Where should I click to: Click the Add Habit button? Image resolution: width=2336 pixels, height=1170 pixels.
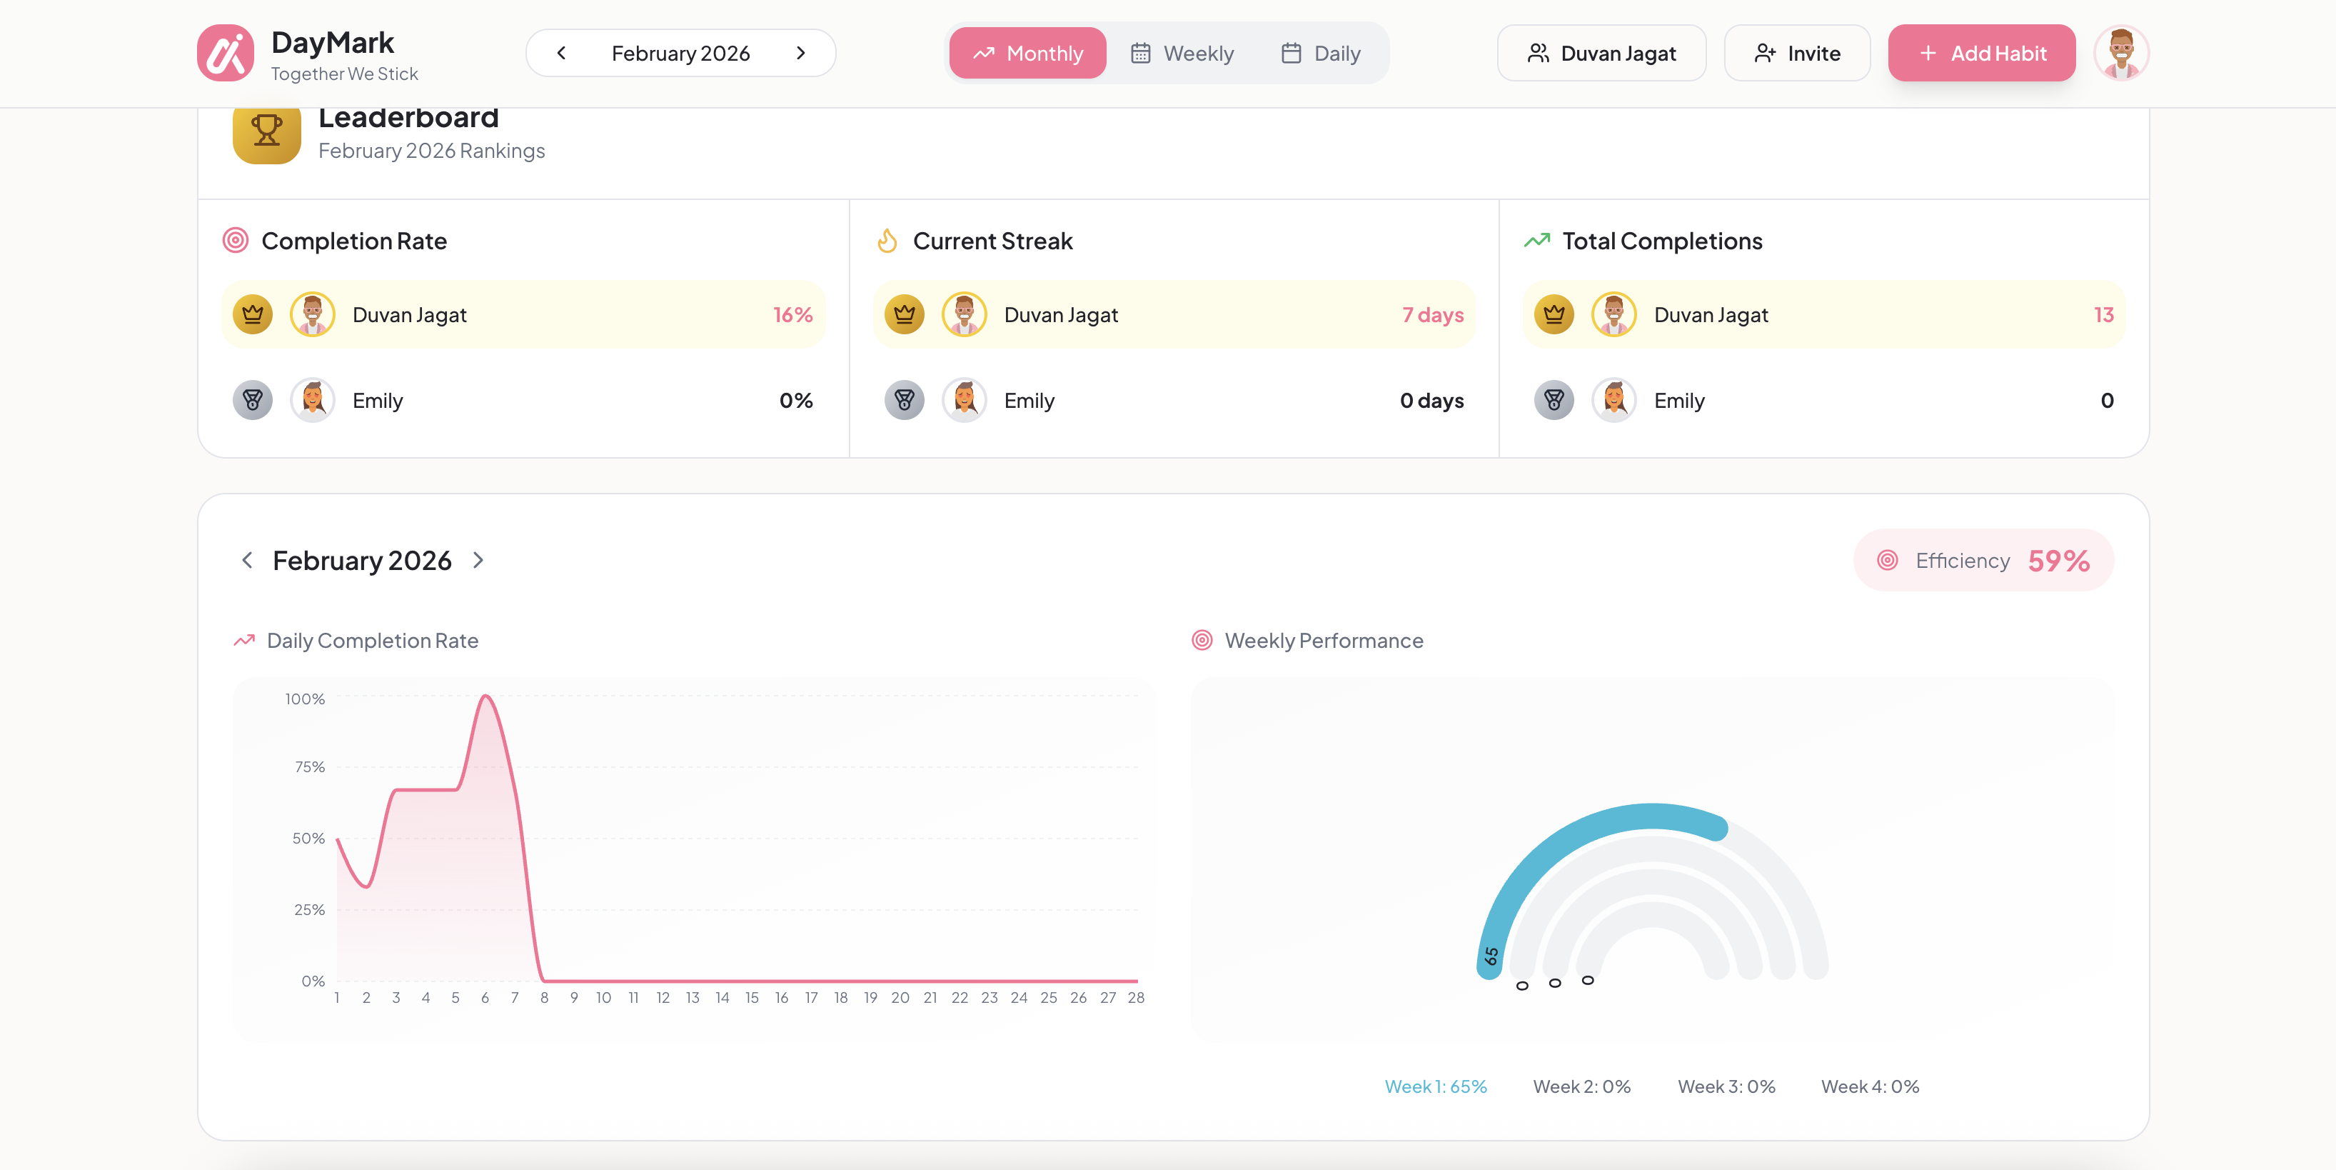1980,54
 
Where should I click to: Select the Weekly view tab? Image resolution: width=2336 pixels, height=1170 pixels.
1182,54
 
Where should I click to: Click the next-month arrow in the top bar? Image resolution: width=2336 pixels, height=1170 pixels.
800,54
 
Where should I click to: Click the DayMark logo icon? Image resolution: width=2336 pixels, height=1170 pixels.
225,54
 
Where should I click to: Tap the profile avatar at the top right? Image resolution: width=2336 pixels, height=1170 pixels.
2120,54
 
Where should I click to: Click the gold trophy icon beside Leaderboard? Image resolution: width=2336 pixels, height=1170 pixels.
266,131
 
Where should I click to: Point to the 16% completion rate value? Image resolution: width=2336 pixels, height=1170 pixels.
792,315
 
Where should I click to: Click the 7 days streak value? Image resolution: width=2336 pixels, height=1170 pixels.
1432,315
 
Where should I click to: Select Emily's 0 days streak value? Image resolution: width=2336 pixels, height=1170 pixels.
1431,401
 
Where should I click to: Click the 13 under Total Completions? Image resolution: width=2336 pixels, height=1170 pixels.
2103,315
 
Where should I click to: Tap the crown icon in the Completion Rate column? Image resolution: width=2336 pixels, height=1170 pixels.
253,315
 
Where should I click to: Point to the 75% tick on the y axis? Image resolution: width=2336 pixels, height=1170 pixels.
309,767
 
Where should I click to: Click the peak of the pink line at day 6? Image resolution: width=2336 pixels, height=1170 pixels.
486,696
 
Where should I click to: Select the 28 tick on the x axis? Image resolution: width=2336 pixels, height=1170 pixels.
1135,998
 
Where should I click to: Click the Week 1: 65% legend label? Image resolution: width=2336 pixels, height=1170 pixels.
1436,1086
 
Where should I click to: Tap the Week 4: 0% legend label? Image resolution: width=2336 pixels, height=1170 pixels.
1870,1086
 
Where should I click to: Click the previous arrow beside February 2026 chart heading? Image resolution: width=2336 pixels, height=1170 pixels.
246,561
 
